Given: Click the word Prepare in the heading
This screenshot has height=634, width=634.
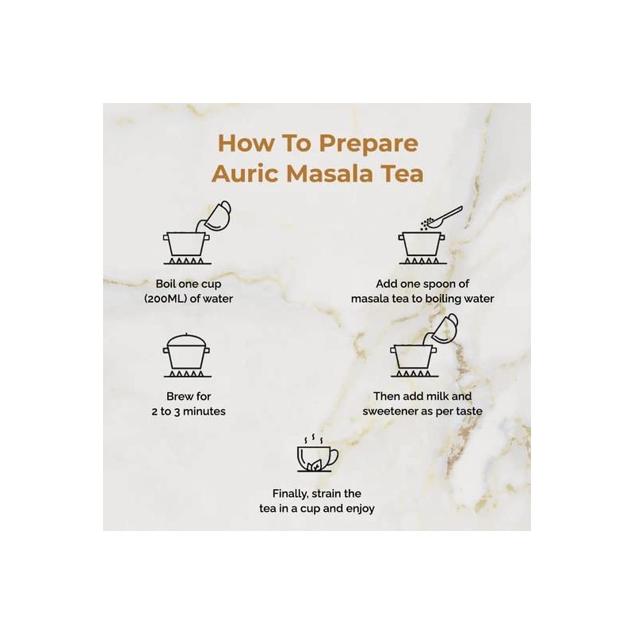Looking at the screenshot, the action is [x=369, y=144].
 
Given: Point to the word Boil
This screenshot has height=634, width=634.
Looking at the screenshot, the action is [x=166, y=284].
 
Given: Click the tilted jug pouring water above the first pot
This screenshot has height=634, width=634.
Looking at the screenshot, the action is [x=216, y=216].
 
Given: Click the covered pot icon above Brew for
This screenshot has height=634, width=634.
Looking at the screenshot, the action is [x=187, y=355].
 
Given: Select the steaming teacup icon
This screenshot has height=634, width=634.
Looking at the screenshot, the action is [x=318, y=453].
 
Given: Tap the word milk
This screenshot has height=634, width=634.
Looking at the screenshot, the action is [x=437, y=395].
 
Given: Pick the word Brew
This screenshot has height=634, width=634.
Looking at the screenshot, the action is [x=178, y=395].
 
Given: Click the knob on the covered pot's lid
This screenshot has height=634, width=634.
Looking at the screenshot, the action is [x=185, y=334].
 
